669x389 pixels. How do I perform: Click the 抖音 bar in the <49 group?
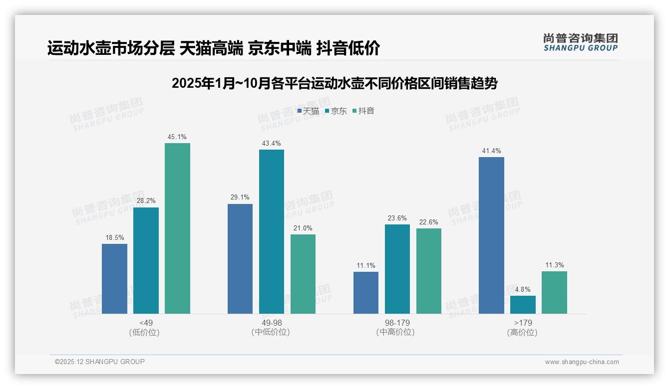(x=177, y=228)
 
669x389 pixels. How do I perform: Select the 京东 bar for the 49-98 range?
(x=272, y=231)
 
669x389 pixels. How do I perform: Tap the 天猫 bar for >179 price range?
(x=491, y=235)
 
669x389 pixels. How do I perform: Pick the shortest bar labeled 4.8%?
(x=523, y=305)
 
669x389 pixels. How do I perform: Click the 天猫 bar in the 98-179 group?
(x=366, y=293)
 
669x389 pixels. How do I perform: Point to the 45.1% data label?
(x=177, y=137)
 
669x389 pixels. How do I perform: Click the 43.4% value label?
(x=272, y=144)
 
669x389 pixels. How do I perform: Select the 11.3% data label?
(x=554, y=265)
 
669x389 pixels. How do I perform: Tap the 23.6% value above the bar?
(x=397, y=218)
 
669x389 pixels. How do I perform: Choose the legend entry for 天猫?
(x=308, y=111)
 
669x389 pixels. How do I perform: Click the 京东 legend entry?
(x=336, y=111)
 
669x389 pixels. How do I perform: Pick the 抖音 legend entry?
(x=363, y=111)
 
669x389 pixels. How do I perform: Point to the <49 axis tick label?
(x=146, y=323)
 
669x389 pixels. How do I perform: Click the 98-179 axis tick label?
(x=397, y=323)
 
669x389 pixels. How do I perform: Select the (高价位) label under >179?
(x=523, y=332)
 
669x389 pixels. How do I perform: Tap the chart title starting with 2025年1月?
(x=334, y=83)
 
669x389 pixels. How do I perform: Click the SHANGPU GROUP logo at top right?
(x=581, y=42)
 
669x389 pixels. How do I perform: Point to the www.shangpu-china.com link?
(x=582, y=362)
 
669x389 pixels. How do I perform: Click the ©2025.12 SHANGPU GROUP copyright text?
(x=100, y=362)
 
